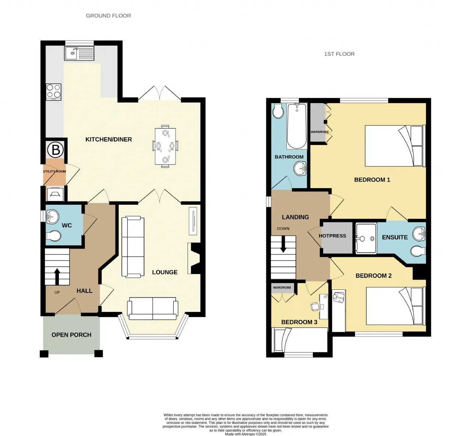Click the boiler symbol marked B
pyautogui.click(x=55, y=150)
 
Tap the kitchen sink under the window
pyautogui.click(x=79, y=53)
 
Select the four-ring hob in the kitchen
pyautogui.click(x=54, y=92)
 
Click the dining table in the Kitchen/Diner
pyautogui.click(x=165, y=146)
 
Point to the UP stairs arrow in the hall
pyautogui.click(x=57, y=277)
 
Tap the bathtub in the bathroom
pyautogui.click(x=297, y=126)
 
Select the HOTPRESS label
pyautogui.click(x=332, y=236)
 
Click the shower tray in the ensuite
pyautogui.click(x=366, y=238)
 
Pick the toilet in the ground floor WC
pyautogui.click(x=53, y=236)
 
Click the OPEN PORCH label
pyautogui.click(x=71, y=335)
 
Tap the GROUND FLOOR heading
pyautogui.click(x=109, y=16)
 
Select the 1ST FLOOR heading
pyautogui.click(x=339, y=54)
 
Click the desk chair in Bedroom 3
pyautogui.click(x=315, y=306)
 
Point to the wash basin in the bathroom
pyautogui.click(x=300, y=169)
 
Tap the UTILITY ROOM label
pyautogui.click(x=54, y=171)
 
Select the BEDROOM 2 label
pyautogui.click(x=373, y=275)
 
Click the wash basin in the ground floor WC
pyautogui.click(x=52, y=217)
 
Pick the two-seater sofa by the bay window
pyautogui.click(x=153, y=308)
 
